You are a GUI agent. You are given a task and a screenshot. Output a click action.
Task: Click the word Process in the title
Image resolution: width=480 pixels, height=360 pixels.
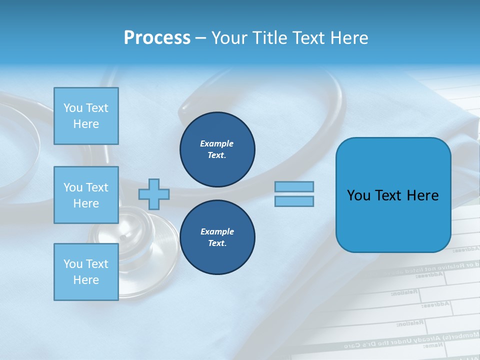click(157, 38)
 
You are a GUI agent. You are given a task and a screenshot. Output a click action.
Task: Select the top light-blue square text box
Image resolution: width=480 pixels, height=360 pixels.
click(86, 116)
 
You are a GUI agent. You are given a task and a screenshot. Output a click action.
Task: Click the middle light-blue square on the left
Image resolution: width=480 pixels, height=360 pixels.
click(86, 195)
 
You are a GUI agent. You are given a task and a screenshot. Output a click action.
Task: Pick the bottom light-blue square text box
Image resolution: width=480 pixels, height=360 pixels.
click(86, 272)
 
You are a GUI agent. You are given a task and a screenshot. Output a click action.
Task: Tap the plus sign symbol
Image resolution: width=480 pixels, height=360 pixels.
click(154, 194)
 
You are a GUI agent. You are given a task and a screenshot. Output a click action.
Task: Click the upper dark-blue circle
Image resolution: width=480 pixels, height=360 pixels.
click(217, 149)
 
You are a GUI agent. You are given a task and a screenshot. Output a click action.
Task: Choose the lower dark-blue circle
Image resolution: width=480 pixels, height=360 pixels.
click(217, 237)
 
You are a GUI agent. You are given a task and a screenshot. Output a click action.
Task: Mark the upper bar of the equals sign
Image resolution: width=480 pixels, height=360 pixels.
click(294, 187)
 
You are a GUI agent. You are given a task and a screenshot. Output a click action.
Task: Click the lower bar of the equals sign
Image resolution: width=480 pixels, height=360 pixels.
click(294, 201)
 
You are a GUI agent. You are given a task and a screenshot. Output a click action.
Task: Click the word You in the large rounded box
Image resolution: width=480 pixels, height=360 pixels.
click(358, 195)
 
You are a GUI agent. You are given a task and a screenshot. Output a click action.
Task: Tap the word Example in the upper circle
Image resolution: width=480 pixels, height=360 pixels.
click(217, 143)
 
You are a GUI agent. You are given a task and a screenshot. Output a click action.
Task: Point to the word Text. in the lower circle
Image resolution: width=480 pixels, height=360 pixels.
click(217, 243)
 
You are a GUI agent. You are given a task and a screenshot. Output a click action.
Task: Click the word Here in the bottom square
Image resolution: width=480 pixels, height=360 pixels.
click(86, 280)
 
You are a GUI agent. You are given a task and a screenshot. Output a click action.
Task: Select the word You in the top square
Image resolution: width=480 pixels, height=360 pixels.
click(73, 108)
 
